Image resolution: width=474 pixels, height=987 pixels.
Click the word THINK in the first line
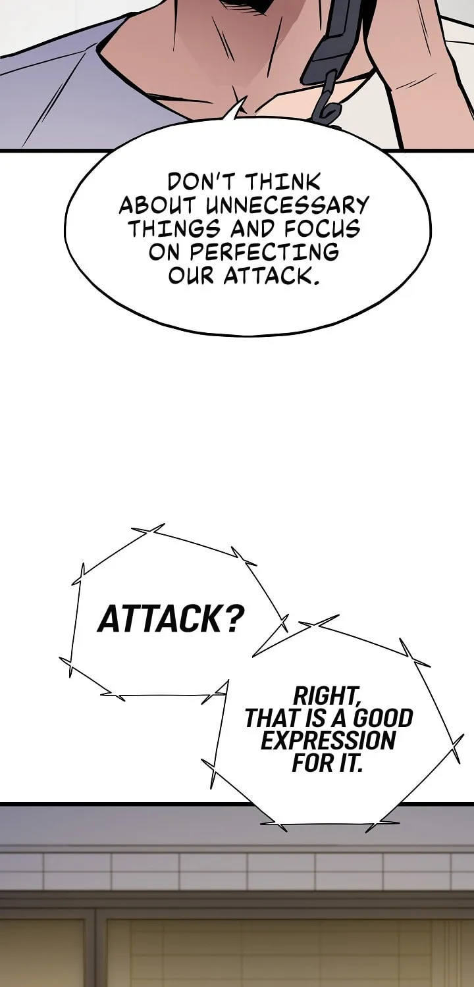pos(282,182)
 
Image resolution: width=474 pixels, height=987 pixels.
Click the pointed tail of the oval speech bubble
pos(241,101)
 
